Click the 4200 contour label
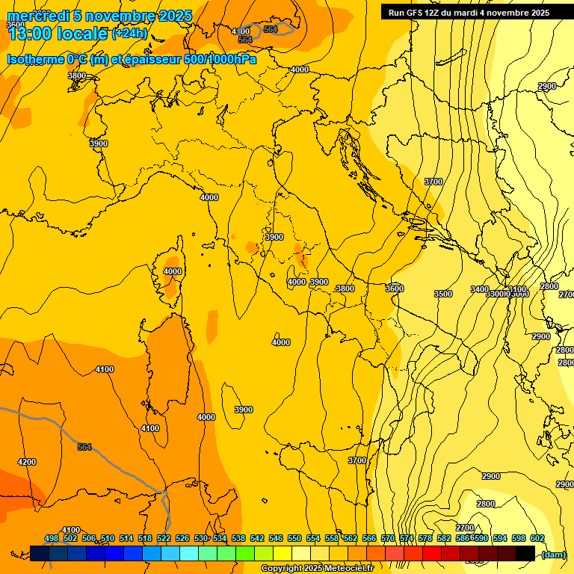[x=26, y=462]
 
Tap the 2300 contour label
[x=546, y=86]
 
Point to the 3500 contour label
[x=443, y=294]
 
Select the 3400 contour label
[x=480, y=289]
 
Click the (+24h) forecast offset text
[x=129, y=34]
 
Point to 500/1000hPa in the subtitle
[x=222, y=59]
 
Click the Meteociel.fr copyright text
[x=345, y=569]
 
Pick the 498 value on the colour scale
[x=52, y=538]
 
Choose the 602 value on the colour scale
[x=537, y=538]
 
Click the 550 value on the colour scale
[x=294, y=538]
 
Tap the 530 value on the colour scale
[x=201, y=538]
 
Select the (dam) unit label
[x=553, y=554]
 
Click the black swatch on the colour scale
[x=525, y=553]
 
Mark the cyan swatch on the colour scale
[x=190, y=553]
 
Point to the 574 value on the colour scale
[x=406, y=538]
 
